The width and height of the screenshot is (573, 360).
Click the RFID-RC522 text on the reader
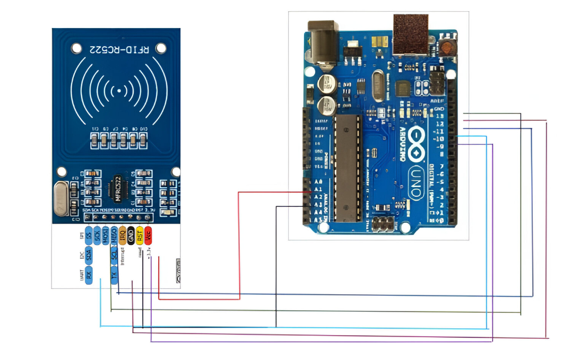[119, 49]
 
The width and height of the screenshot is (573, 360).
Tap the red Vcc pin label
[148, 235]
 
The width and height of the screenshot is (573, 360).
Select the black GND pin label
[131, 235]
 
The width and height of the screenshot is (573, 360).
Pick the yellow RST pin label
[140, 235]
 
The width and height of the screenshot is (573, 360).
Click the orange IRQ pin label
[123, 235]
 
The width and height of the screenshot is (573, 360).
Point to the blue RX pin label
[89, 274]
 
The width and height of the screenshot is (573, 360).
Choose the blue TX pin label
[114, 274]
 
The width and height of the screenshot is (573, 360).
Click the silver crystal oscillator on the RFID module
[63, 198]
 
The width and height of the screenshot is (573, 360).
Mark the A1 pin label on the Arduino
[317, 189]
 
